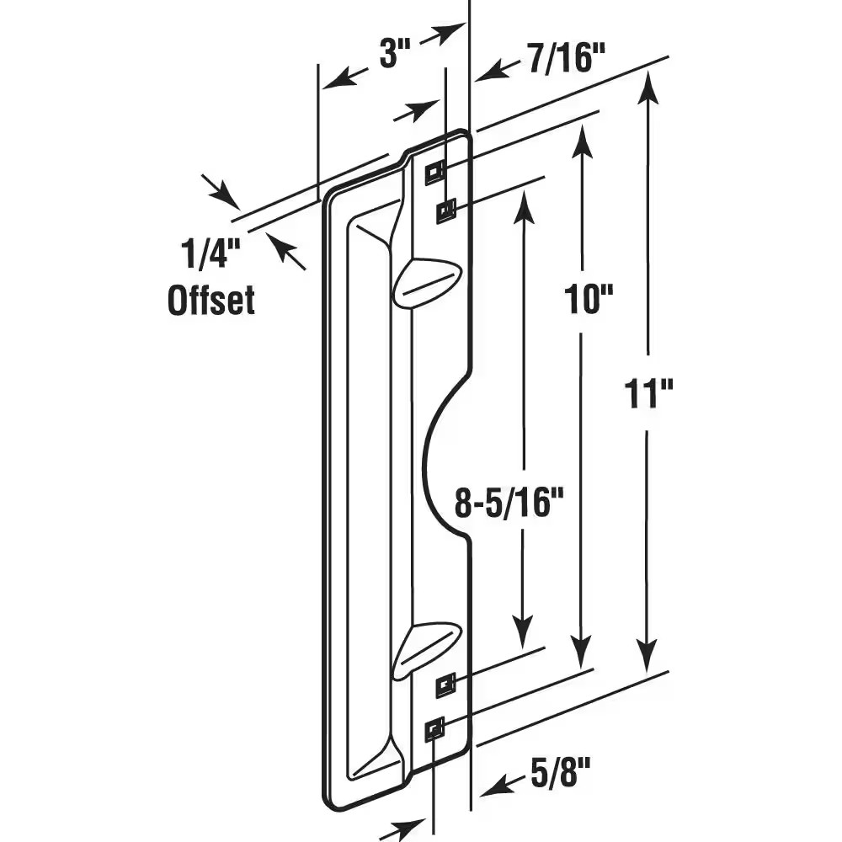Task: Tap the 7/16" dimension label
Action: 568,60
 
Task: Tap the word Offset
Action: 210,300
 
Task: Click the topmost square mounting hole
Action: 434,172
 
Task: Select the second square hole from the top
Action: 445,210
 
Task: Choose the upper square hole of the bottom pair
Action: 445,686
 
